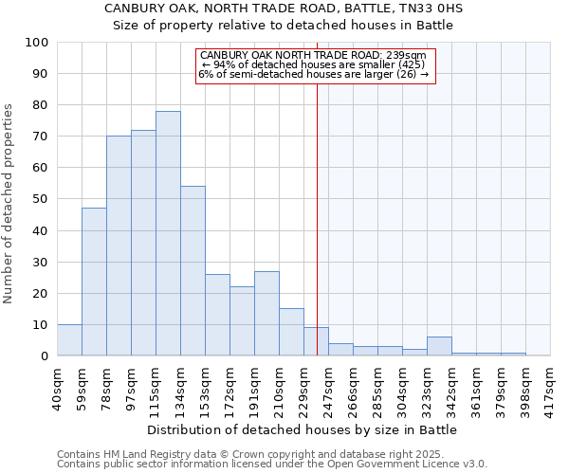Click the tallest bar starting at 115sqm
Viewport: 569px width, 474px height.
(168, 233)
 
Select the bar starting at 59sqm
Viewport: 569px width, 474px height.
(94, 282)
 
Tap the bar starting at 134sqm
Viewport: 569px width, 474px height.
(193, 271)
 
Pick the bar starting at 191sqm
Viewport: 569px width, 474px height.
(266, 314)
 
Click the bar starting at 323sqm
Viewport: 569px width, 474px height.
(439, 346)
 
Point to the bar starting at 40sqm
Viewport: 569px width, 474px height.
(69, 340)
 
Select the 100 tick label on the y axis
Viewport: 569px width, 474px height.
(37, 43)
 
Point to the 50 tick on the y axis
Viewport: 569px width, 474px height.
(41, 199)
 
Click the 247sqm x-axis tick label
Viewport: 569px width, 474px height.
(329, 384)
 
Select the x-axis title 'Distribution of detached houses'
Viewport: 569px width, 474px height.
(303, 429)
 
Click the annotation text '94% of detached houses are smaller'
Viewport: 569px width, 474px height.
(313, 64)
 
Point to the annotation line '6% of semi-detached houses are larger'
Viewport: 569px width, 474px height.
(313, 74)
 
